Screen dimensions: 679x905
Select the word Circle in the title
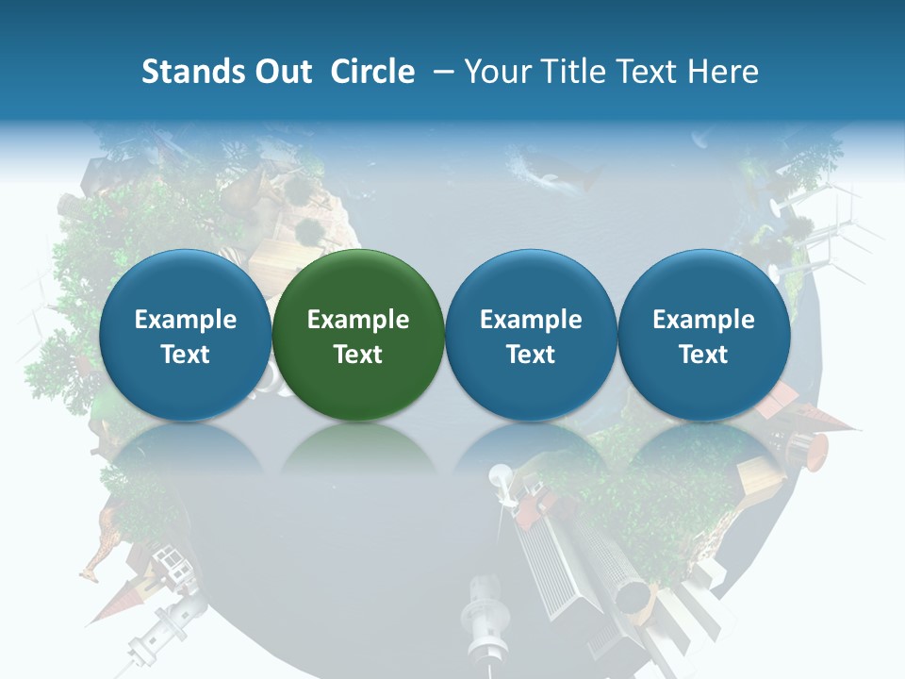click(x=372, y=72)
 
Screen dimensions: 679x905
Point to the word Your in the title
click(x=495, y=72)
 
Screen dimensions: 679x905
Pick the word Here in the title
click(x=723, y=72)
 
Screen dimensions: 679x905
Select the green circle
click(x=357, y=335)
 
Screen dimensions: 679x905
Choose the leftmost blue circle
click(x=185, y=335)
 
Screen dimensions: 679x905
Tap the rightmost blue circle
click(x=703, y=335)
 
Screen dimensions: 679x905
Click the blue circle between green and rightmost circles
click(x=531, y=335)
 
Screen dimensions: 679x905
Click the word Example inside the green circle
click(x=358, y=320)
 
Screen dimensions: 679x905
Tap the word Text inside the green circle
click(x=358, y=355)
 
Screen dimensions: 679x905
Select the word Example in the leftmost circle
click(x=186, y=320)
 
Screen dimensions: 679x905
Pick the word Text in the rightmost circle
click(x=704, y=355)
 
